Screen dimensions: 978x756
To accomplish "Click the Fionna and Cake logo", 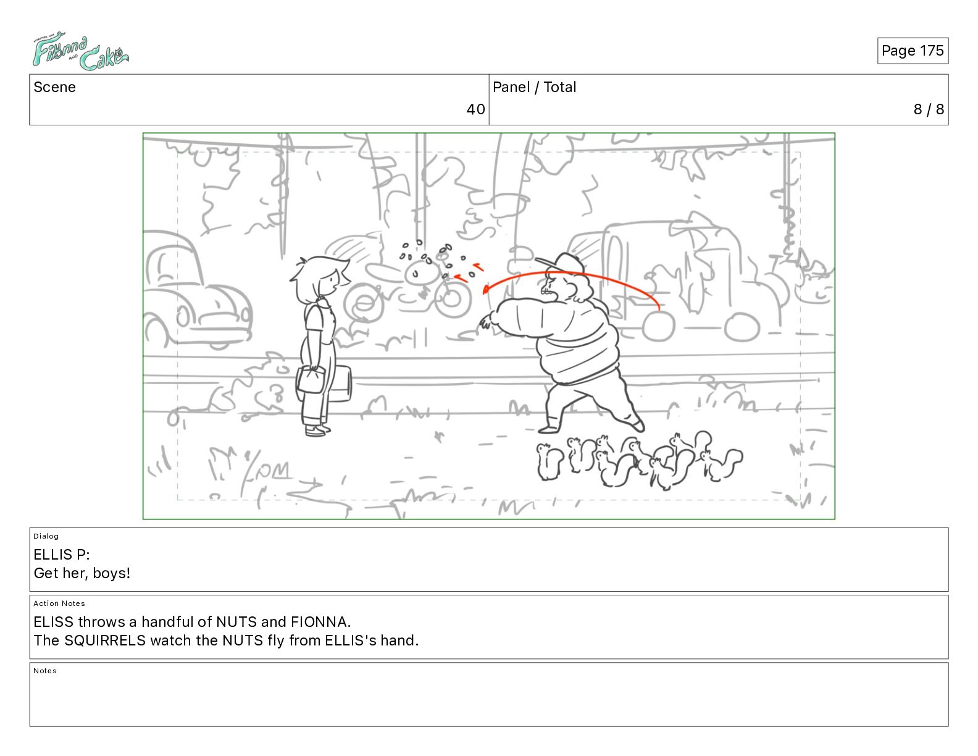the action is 81,51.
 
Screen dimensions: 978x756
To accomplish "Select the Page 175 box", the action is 913,51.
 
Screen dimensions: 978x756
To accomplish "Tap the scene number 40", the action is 475,109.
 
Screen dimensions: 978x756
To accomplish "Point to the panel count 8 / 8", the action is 929,109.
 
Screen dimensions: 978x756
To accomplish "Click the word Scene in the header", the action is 54,87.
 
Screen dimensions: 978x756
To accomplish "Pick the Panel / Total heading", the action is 534,87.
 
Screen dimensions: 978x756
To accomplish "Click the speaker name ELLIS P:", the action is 62,554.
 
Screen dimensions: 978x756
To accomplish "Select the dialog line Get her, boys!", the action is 82,573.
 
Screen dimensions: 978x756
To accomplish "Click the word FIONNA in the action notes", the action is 320,622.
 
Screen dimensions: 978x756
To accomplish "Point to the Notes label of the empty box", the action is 45,670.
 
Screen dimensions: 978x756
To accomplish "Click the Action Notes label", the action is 59,603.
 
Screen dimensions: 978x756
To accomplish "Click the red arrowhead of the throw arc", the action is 486,289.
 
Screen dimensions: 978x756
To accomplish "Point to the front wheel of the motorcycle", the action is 453,299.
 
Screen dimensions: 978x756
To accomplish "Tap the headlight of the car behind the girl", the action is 183,317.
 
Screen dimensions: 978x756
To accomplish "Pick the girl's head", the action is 320,279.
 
